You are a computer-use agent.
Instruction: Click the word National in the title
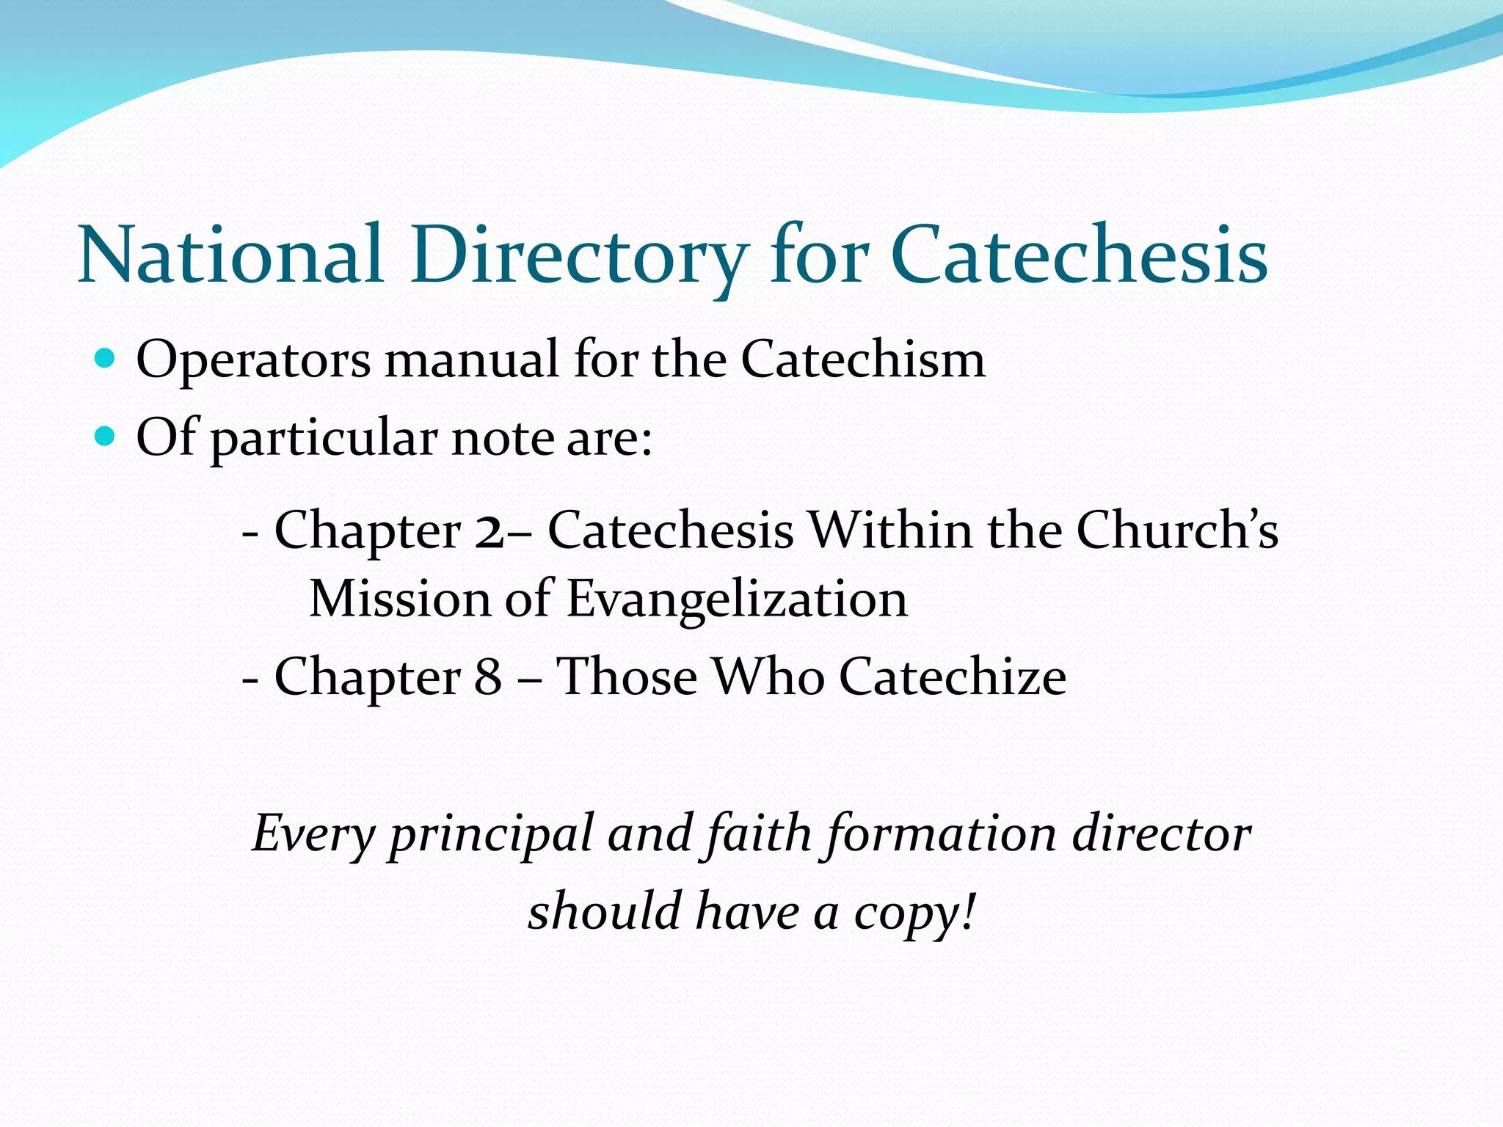coord(231,256)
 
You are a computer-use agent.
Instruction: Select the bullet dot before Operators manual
coord(106,359)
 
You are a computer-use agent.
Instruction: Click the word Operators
coord(253,360)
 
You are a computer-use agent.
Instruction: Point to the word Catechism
coord(863,360)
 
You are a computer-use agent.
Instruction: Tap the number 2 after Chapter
coord(489,530)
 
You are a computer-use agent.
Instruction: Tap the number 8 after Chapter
coord(488,676)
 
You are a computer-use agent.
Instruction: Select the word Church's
coord(1177,530)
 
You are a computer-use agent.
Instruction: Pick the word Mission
coord(399,599)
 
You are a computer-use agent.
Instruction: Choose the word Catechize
coord(953,676)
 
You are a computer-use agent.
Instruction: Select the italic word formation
coord(941,835)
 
